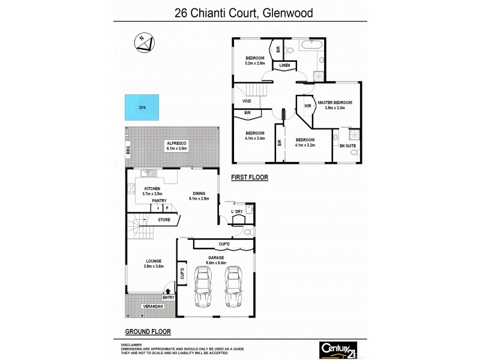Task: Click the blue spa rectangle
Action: point(142,108)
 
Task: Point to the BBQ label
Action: point(128,151)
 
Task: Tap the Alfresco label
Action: point(178,142)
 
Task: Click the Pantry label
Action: point(159,201)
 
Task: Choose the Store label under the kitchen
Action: point(164,220)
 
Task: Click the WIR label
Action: point(307,107)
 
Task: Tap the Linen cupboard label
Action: point(284,65)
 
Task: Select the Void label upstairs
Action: point(247,101)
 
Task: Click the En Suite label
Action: point(347,146)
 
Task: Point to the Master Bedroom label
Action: point(335,103)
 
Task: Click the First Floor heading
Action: point(249,178)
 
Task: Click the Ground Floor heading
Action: point(148,331)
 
